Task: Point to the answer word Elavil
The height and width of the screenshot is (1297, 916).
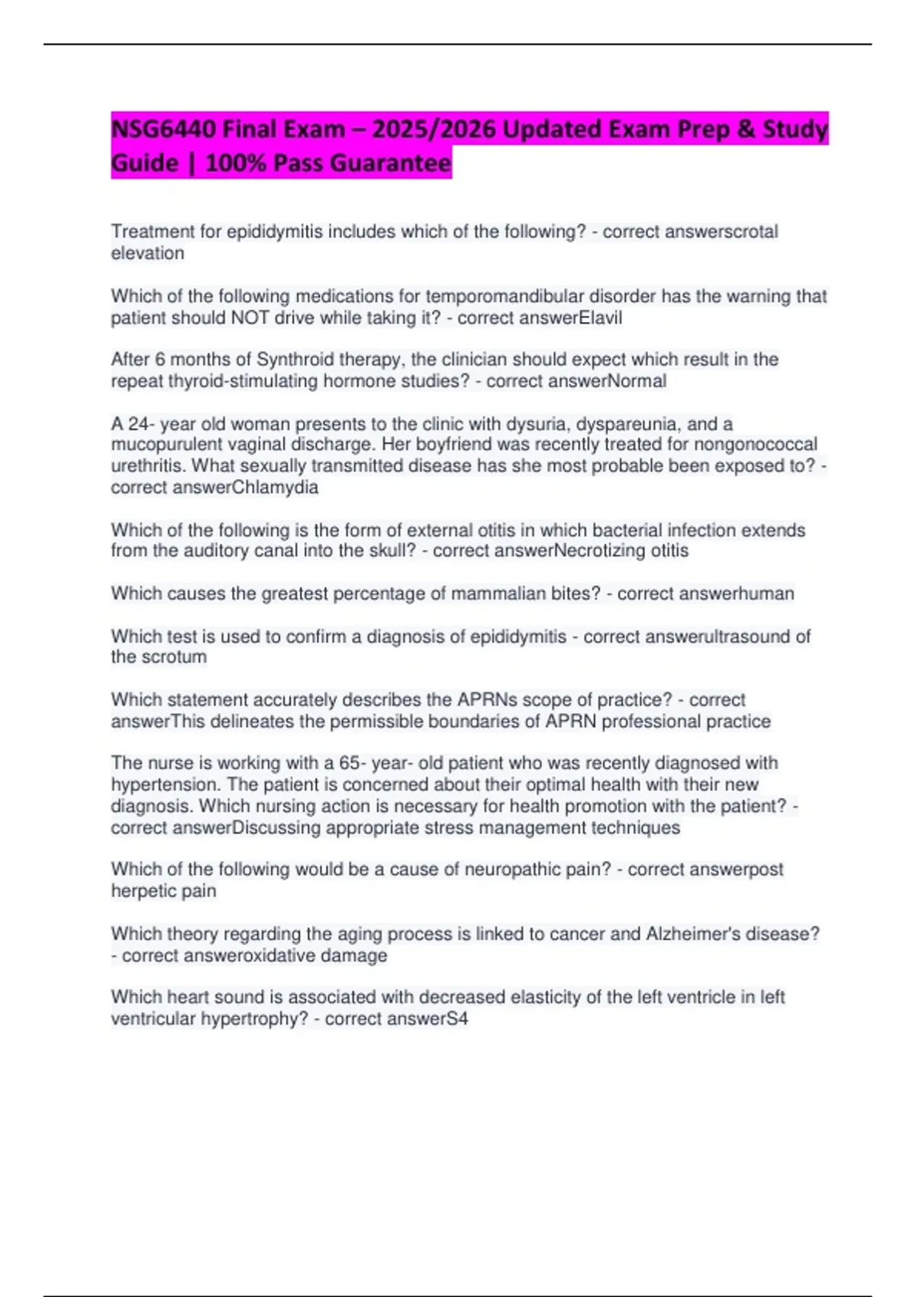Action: [x=601, y=317]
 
